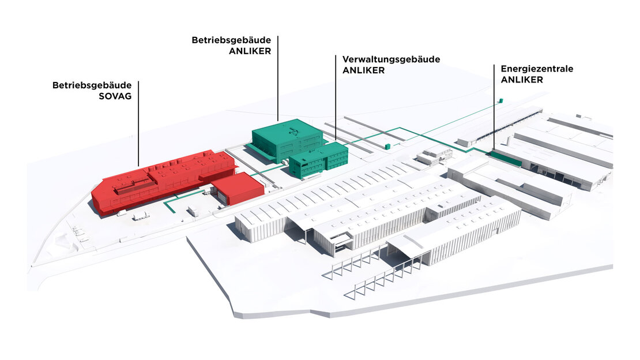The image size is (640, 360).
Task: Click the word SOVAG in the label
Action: [115, 96]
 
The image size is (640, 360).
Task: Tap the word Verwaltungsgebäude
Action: [391, 59]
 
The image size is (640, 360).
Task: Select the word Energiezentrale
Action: [537, 69]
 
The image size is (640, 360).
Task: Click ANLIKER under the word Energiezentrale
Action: [522, 80]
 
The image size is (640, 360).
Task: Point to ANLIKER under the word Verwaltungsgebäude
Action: [363, 70]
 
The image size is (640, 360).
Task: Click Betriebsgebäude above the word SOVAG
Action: [92, 85]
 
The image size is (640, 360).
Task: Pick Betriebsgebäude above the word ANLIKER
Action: [231, 40]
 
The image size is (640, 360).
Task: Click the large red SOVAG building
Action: [163, 180]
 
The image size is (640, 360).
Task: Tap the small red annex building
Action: [238, 188]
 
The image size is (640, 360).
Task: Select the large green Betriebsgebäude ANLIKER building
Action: [287, 140]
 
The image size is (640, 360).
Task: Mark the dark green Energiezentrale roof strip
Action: [506, 158]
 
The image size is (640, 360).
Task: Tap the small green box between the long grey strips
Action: [387, 146]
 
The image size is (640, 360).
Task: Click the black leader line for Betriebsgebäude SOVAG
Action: [138, 123]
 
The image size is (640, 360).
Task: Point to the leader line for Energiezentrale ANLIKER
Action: [494, 108]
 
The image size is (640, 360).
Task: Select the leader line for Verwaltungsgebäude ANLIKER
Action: [336, 99]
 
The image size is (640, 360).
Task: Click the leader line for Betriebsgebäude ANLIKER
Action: [278, 78]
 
